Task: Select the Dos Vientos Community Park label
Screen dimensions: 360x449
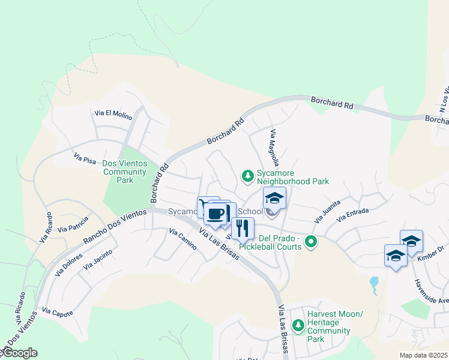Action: (x=124, y=172)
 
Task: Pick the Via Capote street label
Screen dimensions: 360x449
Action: (x=58, y=313)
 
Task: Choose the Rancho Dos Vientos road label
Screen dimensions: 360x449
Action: (x=114, y=226)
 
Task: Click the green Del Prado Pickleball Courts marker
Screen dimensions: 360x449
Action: (x=310, y=242)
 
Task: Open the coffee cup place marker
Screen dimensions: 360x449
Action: (x=215, y=213)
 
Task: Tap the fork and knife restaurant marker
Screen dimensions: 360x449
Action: (x=243, y=228)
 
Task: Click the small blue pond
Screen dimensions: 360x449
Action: (x=375, y=282)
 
